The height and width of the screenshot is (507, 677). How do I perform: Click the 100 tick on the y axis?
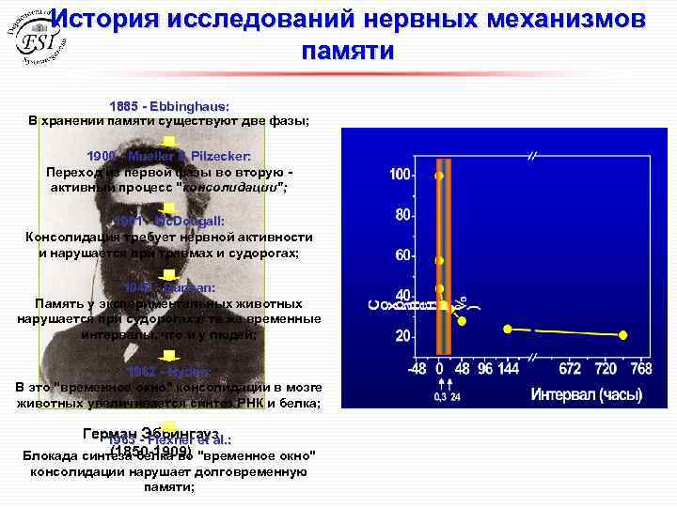tap(401, 176)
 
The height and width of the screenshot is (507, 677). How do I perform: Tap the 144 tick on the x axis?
tap(509, 370)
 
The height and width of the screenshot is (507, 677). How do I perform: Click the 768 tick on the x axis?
tap(640, 370)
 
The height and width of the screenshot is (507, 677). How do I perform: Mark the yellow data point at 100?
tap(438, 176)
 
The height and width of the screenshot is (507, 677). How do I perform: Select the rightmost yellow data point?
tap(622, 334)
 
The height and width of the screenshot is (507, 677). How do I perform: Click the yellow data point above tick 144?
tap(508, 329)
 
